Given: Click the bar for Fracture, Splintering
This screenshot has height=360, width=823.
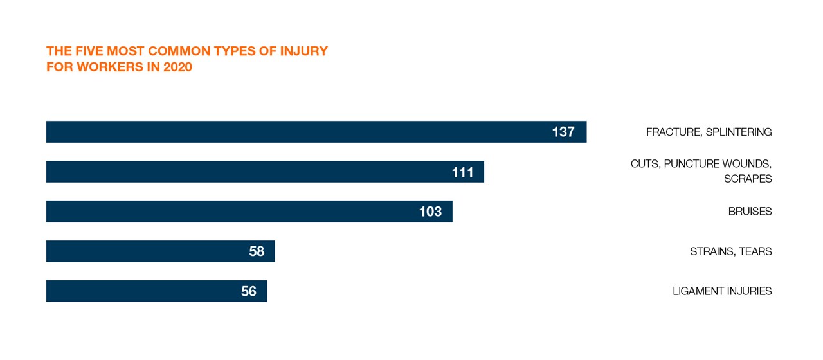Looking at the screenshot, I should (289, 132).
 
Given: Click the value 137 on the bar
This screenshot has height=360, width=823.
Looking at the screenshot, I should (563, 132).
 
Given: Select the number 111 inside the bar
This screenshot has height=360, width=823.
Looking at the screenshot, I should (462, 172).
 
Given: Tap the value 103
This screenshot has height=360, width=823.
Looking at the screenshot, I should (430, 212).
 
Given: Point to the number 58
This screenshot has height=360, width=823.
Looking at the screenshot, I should (257, 251).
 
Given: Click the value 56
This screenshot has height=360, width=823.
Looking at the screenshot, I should (249, 291).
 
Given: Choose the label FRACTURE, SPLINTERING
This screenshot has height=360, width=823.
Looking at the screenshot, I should (709, 132).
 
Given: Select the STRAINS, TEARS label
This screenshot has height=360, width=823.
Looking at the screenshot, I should (730, 251).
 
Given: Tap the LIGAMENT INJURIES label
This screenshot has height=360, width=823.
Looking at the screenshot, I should (722, 291).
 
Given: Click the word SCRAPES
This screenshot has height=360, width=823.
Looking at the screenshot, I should (748, 179).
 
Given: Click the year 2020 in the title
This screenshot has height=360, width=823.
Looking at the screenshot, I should (177, 67).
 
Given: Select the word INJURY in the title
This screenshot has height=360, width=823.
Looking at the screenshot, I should (303, 51).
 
